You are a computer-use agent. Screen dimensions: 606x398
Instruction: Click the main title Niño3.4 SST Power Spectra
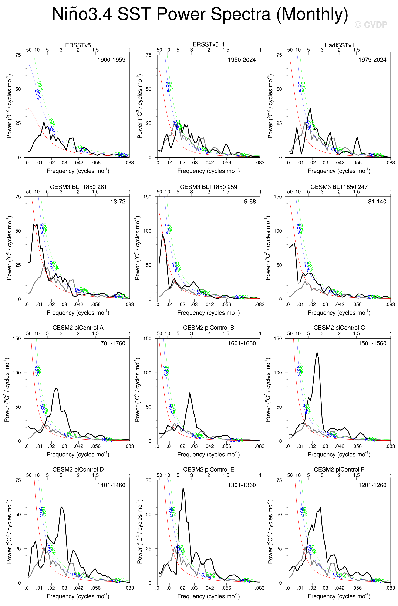200,14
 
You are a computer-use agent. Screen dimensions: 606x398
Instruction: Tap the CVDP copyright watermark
371,25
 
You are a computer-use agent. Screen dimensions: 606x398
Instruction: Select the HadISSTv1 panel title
339,45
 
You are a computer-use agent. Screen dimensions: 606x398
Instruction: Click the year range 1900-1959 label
111,60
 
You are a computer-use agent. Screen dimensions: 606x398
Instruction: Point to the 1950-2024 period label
242,60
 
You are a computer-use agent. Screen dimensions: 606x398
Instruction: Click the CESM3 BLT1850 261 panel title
78,187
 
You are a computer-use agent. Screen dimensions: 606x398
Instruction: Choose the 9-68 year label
250,202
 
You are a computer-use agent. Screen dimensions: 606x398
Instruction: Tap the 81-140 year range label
377,202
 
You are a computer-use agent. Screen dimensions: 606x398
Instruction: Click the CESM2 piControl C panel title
339,328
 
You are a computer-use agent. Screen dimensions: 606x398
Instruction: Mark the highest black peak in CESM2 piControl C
317,353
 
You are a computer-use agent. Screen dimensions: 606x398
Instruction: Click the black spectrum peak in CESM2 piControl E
183,488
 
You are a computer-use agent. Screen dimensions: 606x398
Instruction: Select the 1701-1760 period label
111,343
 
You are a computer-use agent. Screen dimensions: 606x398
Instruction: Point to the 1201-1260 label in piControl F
372,485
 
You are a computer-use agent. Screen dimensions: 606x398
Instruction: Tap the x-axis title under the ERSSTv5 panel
78,171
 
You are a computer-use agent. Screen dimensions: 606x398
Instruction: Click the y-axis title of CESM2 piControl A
7,390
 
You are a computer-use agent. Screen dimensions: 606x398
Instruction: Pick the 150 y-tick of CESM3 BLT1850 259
147,197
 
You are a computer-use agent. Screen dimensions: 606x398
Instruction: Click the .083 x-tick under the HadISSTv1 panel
390,163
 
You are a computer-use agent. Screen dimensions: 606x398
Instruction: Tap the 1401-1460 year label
111,485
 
